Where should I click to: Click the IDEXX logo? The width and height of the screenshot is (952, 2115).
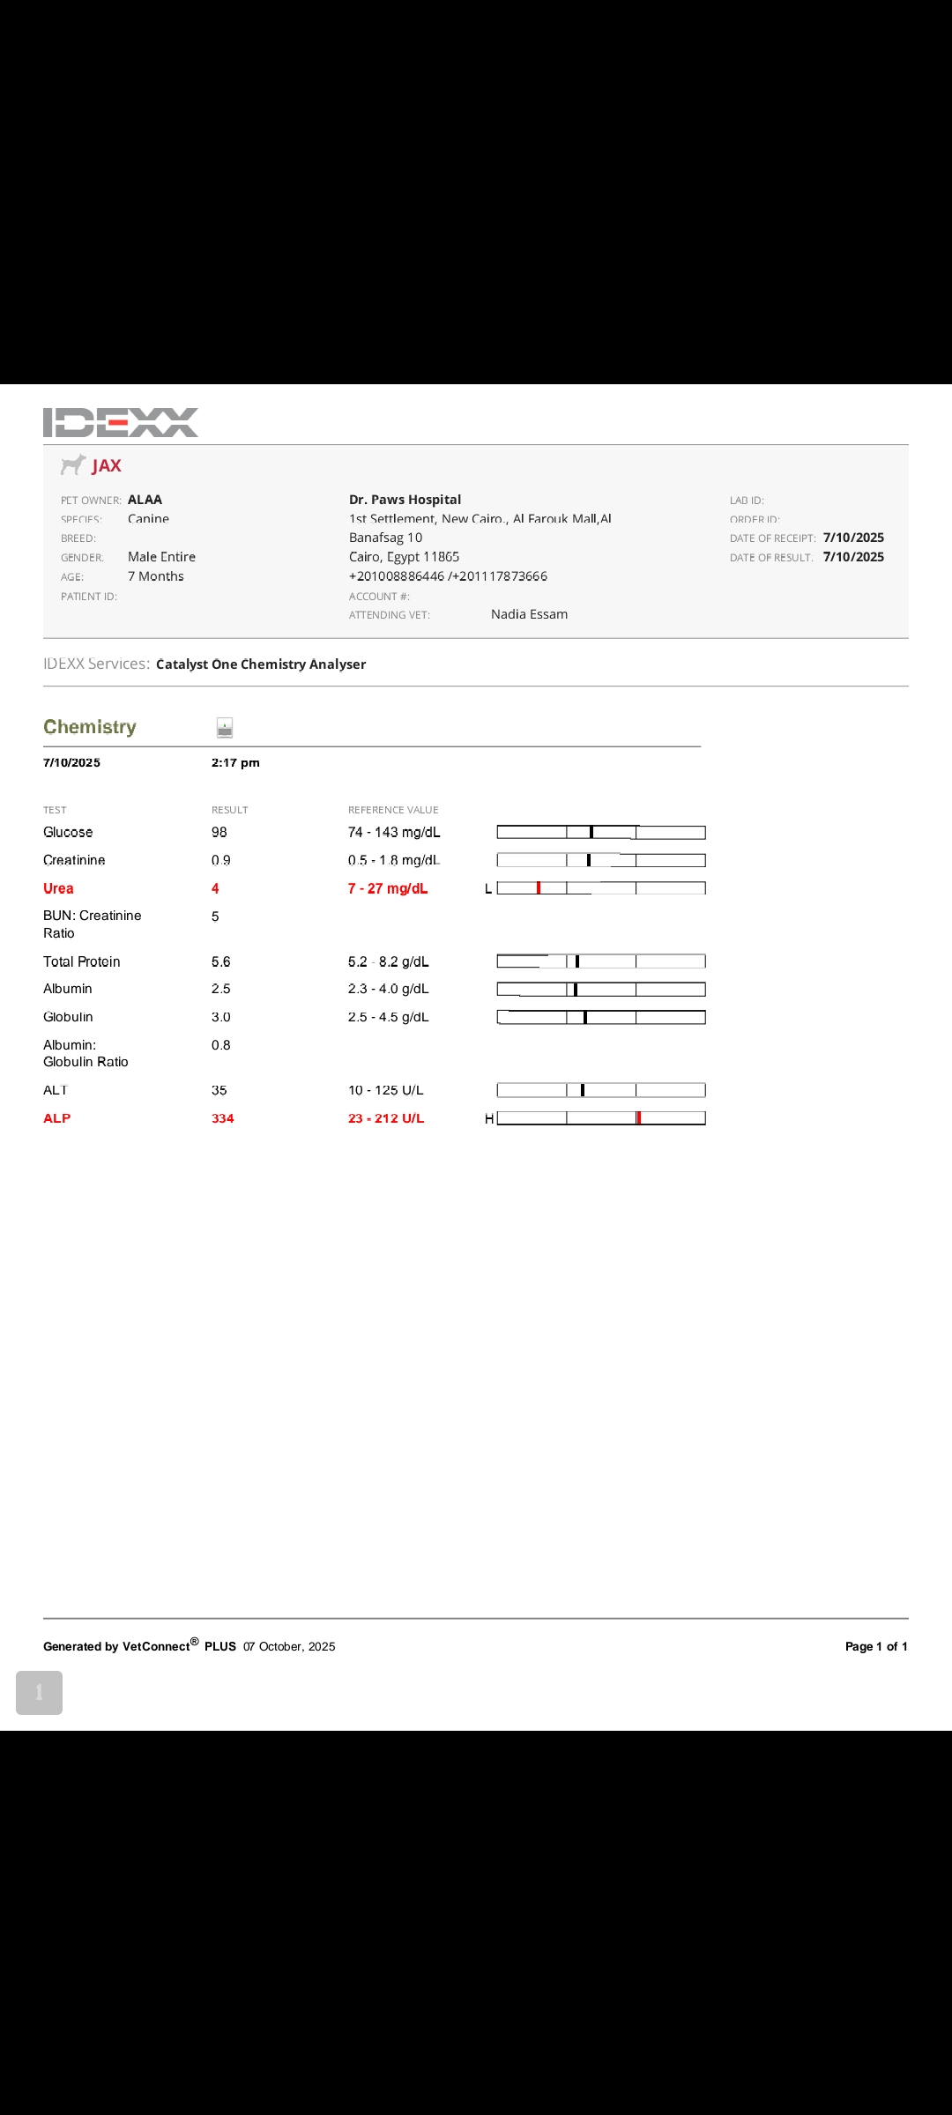pos(121,422)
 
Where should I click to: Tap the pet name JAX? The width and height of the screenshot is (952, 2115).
pos(107,466)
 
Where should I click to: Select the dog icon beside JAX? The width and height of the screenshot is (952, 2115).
pos(73,464)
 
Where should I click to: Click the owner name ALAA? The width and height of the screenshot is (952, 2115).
pos(145,500)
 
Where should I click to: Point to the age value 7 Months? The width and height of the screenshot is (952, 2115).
pos(156,576)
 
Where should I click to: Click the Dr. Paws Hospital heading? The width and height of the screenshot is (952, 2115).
pos(405,500)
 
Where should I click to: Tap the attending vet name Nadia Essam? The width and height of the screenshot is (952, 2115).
pos(529,614)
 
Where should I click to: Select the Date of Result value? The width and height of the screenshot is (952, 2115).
pos(853,557)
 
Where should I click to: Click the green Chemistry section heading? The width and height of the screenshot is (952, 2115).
pos(90,727)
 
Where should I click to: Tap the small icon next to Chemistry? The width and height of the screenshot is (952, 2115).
pos(225,728)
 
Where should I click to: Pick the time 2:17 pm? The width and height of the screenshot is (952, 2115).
pos(235,763)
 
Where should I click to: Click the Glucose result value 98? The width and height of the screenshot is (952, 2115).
pos(219,832)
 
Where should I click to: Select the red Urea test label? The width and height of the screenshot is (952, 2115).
pos(58,888)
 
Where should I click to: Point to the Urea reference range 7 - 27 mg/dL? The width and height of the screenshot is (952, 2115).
pos(388,888)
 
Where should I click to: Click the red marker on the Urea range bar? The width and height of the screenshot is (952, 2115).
pos(539,888)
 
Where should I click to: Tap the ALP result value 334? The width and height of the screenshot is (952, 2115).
pos(223,1118)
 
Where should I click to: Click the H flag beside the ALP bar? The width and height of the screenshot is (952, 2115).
pos(489,1118)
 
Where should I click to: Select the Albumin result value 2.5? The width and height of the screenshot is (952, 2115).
pos(221,989)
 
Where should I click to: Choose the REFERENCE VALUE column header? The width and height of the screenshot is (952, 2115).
pos(393,810)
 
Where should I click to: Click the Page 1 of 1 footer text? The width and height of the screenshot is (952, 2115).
pos(876,1646)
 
